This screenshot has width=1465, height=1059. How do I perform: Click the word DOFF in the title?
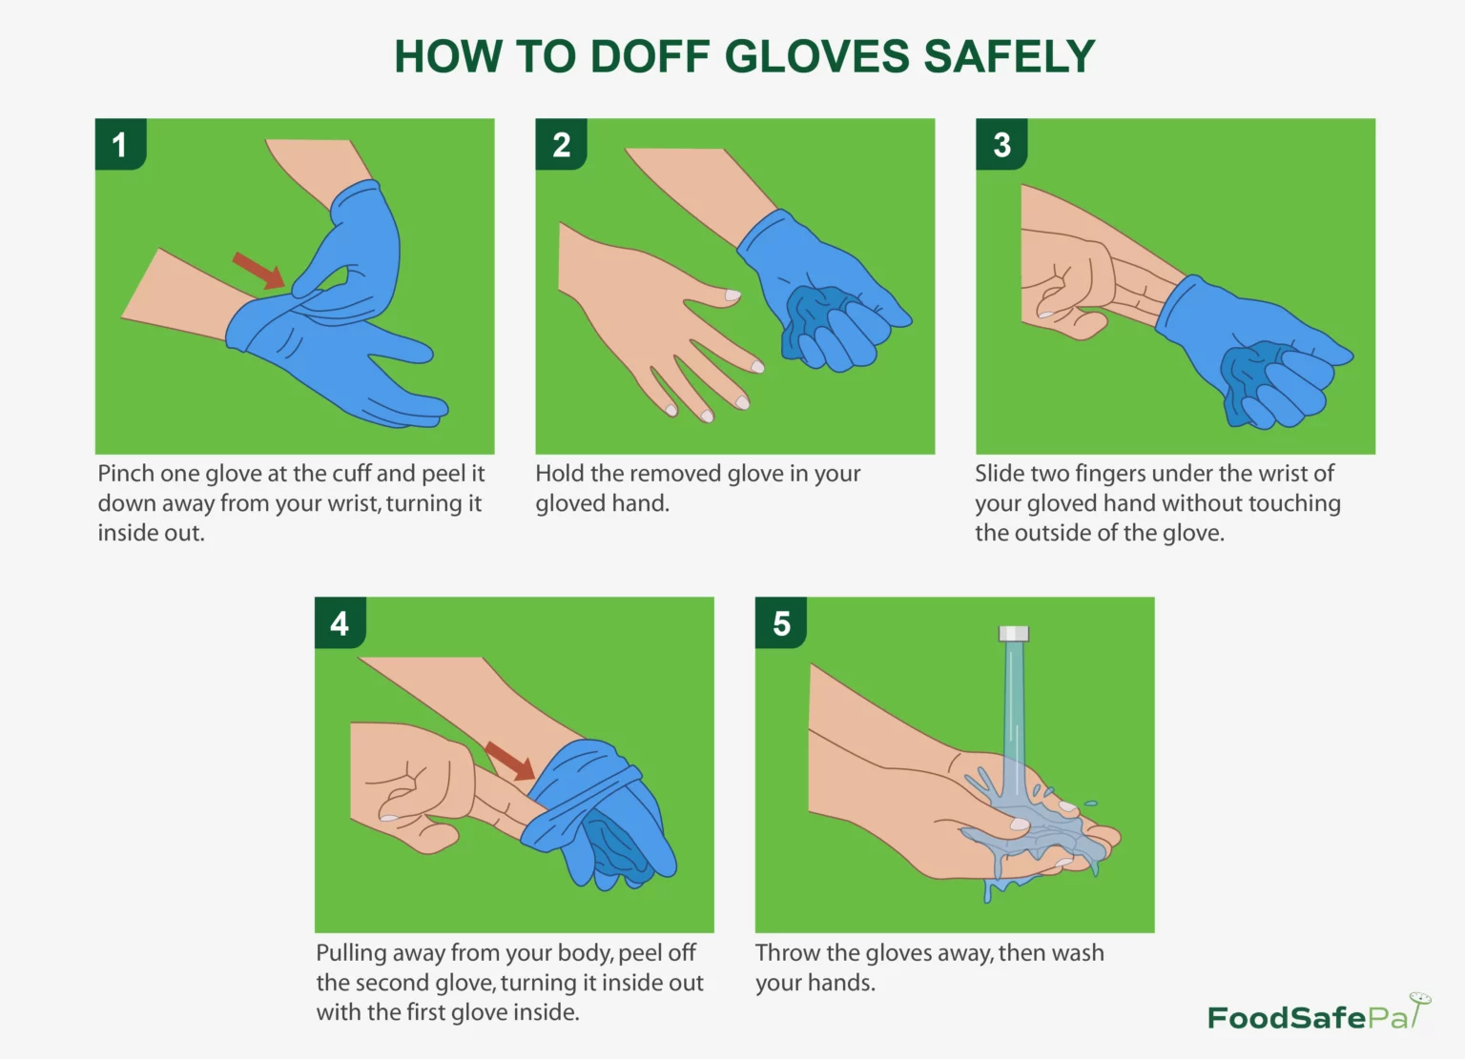click(x=650, y=56)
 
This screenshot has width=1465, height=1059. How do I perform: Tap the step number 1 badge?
click(x=120, y=144)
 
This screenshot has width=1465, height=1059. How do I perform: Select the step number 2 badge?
click(x=561, y=144)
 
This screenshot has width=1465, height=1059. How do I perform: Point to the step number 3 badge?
click(x=1001, y=144)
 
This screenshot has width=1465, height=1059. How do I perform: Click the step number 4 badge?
click(x=340, y=622)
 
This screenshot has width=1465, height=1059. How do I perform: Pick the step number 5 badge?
click(x=781, y=622)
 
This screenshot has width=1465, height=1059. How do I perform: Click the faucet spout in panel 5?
click(x=1014, y=634)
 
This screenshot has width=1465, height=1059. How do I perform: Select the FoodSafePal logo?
click(x=1319, y=1012)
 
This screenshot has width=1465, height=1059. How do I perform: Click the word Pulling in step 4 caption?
click(x=351, y=954)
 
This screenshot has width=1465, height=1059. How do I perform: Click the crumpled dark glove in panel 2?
click(x=817, y=321)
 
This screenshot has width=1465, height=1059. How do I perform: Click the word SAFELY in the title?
click(x=1009, y=56)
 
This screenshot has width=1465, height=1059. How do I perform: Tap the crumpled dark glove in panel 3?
click(x=1250, y=379)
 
